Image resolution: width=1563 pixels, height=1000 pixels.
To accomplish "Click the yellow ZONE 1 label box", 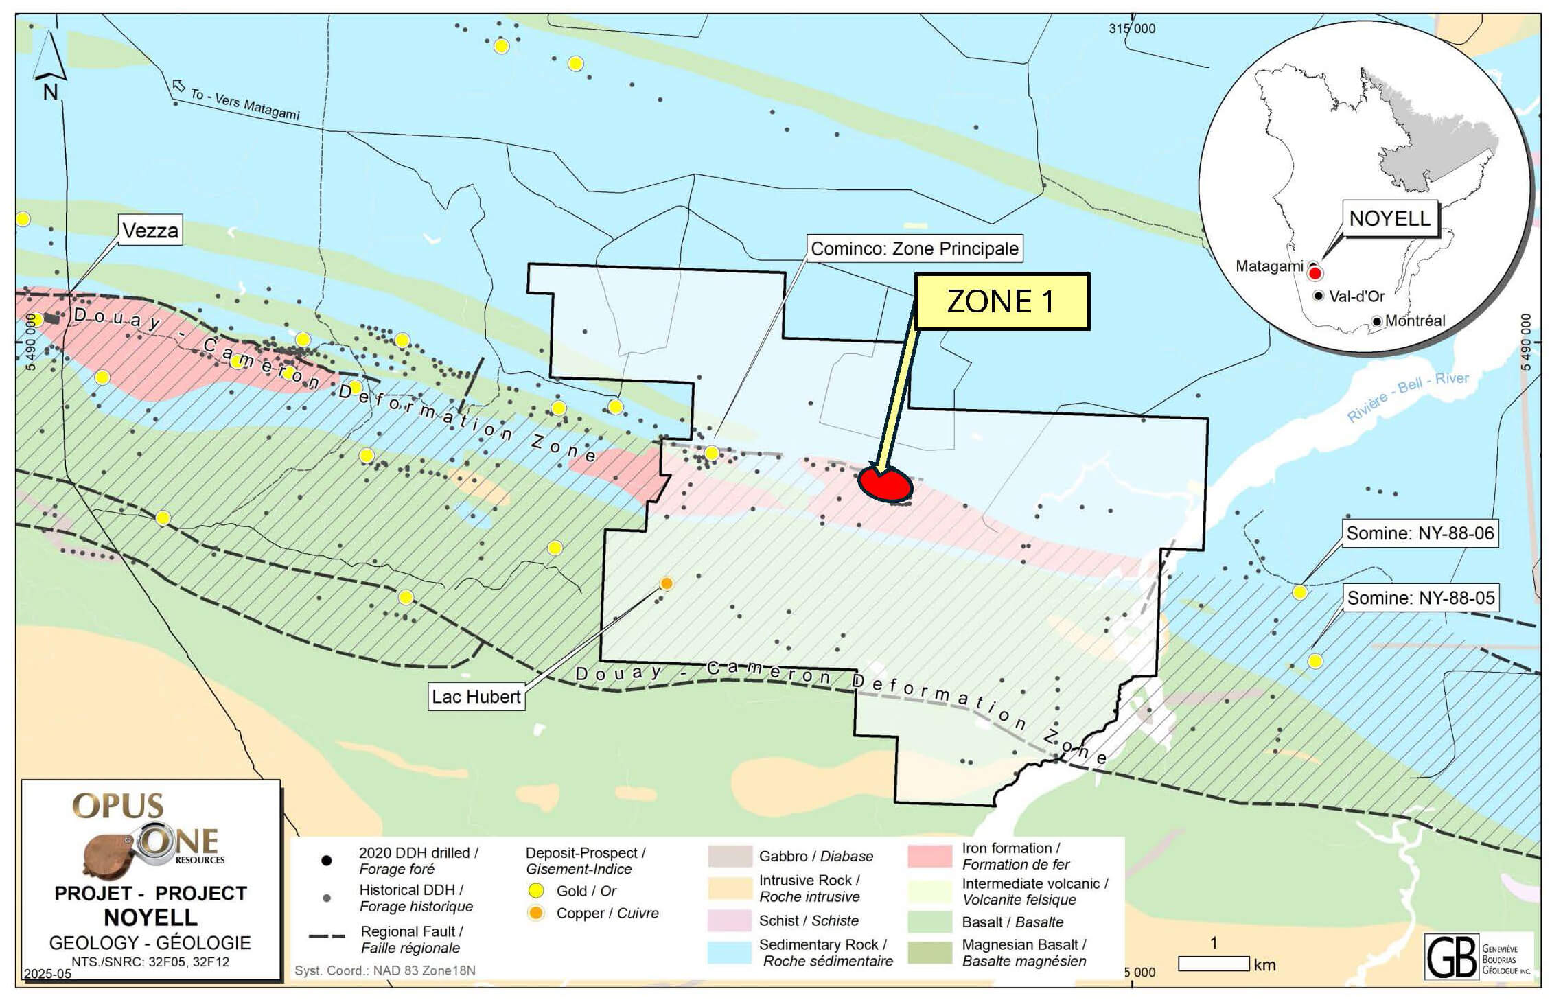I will (x=1002, y=301).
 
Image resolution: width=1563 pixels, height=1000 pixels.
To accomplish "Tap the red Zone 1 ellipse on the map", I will (x=885, y=484).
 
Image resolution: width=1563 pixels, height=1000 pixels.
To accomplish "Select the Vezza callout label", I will (x=150, y=231).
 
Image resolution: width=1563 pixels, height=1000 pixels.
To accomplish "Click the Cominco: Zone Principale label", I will (x=914, y=248).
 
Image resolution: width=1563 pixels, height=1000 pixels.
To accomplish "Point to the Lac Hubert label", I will (x=476, y=697).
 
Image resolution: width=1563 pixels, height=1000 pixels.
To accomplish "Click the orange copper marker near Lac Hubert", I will (x=666, y=583).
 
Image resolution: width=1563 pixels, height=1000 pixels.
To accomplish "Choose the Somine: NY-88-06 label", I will (x=1420, y=533).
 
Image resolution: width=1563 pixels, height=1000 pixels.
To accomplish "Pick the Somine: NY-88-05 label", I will (x=1420, y=598).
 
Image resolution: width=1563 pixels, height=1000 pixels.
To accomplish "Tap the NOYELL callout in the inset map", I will (x=1389, y=219).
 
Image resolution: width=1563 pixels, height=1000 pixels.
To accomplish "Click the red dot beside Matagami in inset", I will (x=1315, y=273).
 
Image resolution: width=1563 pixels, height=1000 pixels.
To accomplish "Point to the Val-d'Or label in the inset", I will (x=1356, y=296).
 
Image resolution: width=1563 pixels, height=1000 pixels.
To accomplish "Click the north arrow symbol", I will (x=50, y=65).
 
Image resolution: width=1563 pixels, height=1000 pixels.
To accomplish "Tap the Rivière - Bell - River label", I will (x=1407, y=397).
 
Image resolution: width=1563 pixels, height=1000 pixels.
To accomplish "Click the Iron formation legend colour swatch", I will (x=929, y=856).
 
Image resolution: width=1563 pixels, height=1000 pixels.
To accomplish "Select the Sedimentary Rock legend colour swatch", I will (x=730, y=952).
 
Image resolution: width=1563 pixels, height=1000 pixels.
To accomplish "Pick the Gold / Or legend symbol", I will (x=536, y=891).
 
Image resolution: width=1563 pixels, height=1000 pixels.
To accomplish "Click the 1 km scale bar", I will (x=1213, y=963).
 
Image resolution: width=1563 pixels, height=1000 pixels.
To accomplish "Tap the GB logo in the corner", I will (x=1450, y=956).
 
